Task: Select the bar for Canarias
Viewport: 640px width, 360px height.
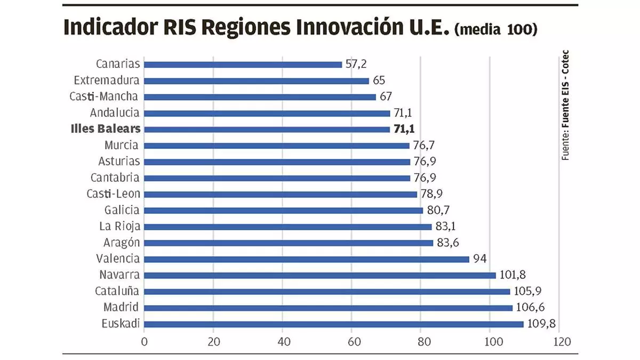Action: (243, 65)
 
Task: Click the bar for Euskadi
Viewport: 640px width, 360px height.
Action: (333, 324)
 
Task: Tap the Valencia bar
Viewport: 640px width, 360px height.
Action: (307, 259)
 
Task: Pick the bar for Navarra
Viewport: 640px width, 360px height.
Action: (320, 275)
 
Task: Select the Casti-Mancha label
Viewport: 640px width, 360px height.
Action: (105, 97)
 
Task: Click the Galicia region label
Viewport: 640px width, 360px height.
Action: (122, 210)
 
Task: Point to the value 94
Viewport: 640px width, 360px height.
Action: (481, 259)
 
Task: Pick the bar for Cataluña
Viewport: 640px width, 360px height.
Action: (327, 292)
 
